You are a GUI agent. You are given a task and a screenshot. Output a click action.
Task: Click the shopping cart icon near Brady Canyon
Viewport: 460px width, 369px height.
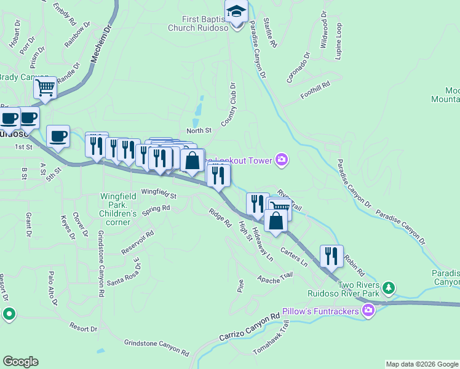(x=46, y=89)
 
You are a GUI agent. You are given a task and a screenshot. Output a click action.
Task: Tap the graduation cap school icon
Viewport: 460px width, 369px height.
(x=235, y=11)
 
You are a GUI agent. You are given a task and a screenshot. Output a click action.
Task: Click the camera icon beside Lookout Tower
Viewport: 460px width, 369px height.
(x=282, y=160)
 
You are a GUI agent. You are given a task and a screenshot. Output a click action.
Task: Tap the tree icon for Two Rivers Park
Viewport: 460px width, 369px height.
(x=388, y=287)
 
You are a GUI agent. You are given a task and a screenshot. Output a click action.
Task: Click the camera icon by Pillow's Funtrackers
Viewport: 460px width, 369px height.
(x=369, y=309)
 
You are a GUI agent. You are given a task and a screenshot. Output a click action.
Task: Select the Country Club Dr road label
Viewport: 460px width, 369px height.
(x=229, y=105)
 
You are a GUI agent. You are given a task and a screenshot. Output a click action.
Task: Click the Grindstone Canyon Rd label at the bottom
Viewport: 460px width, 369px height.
(x=156, y=347)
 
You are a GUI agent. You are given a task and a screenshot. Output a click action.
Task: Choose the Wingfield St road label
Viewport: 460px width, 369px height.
(x=159, y=194)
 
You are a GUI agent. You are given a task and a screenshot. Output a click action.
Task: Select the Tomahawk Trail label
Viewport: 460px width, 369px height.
(x=271, y=341)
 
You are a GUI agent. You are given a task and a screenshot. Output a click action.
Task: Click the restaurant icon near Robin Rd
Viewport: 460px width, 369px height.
(x=331, y=255)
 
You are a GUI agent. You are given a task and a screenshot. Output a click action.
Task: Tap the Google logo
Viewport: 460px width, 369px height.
(x=20, y=362)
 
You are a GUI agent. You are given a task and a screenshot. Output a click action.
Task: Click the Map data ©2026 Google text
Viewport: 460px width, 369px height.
(x=422, y=364)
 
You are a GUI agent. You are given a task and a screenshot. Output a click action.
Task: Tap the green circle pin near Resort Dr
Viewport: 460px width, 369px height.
(x=9, y=314)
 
